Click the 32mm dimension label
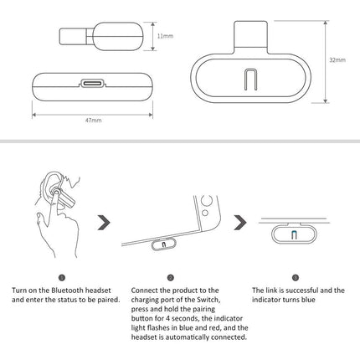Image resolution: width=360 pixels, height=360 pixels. [337, 61]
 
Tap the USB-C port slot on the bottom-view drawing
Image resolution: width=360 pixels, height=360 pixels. [90, 85]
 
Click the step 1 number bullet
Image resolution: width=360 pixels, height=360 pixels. [62, 277]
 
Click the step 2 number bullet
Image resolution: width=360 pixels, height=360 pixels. [170, 277]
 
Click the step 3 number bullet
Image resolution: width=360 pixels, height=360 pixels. [295, 277]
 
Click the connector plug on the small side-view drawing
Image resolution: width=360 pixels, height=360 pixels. [72, 37]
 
